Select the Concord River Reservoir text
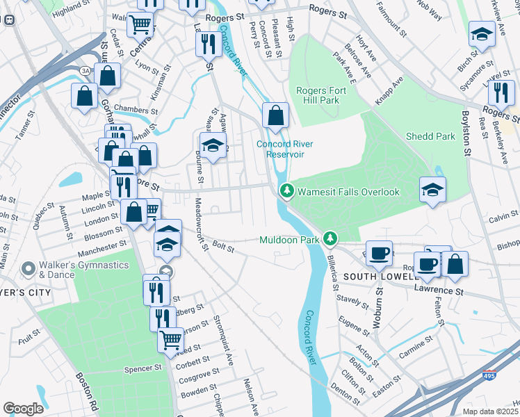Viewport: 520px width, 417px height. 285,149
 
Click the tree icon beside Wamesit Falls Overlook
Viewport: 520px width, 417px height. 286,191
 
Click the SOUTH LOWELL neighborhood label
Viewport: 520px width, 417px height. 382,276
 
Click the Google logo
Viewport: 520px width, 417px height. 23,408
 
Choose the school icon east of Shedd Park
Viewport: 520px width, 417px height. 432,190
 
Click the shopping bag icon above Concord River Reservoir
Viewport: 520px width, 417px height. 276,115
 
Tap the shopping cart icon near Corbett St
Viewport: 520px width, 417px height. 171,340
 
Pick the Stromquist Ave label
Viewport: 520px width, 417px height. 222,341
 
